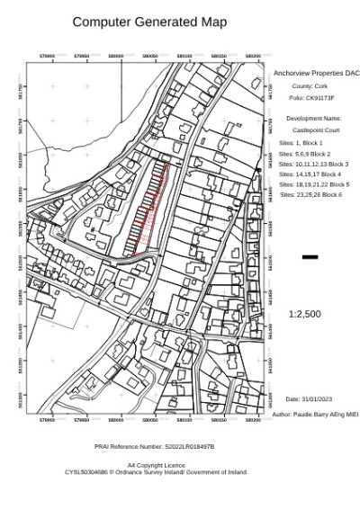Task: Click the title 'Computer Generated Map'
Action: pyautogui.click(x=150, y=22)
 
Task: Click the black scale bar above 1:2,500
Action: pyautogui.click(x=310, y=257)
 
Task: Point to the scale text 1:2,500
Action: pyautogui.click(x=304, y=314)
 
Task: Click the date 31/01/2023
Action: pyautogui.click(x=309, y=399)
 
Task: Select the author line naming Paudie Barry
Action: pyautogui.click(x=315, y=415)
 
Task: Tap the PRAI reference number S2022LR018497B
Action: pyautogui.click(x=155, y=446)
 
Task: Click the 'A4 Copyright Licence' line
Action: pyautogui.click(x=156, y=465)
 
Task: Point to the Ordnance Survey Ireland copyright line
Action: pyautogui.click(x=156, y=471)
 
